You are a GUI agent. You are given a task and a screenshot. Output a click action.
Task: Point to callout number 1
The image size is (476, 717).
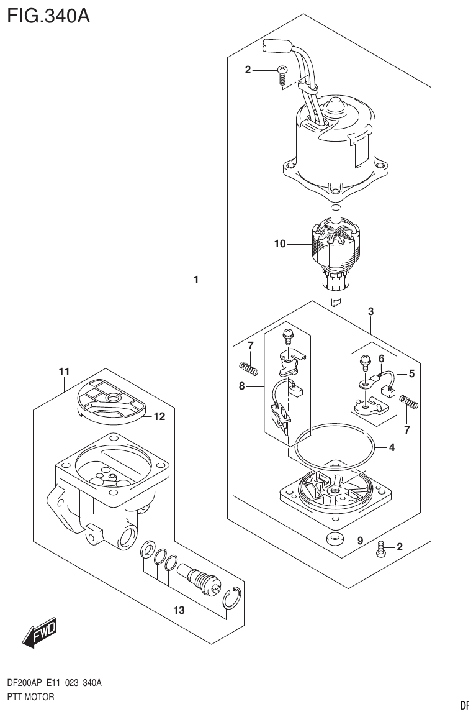[x=196, y=281]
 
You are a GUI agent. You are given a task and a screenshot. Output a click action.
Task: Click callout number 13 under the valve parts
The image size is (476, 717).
[x=179, y=611]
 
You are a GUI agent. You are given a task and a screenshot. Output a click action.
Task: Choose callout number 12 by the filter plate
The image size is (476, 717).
[x=159, y=417]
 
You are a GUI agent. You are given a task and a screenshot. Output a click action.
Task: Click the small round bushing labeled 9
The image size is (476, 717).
[x=336, y=539]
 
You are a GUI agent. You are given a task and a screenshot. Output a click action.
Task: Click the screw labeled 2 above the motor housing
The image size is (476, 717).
[x=281, y=75]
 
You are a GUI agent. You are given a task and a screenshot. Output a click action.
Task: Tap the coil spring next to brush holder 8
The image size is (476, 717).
[x=248, y=369]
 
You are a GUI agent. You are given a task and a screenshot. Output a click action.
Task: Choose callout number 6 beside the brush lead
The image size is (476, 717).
[x=382, y=358]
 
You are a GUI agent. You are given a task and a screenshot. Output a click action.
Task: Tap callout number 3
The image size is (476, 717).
[x=370, y=311]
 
